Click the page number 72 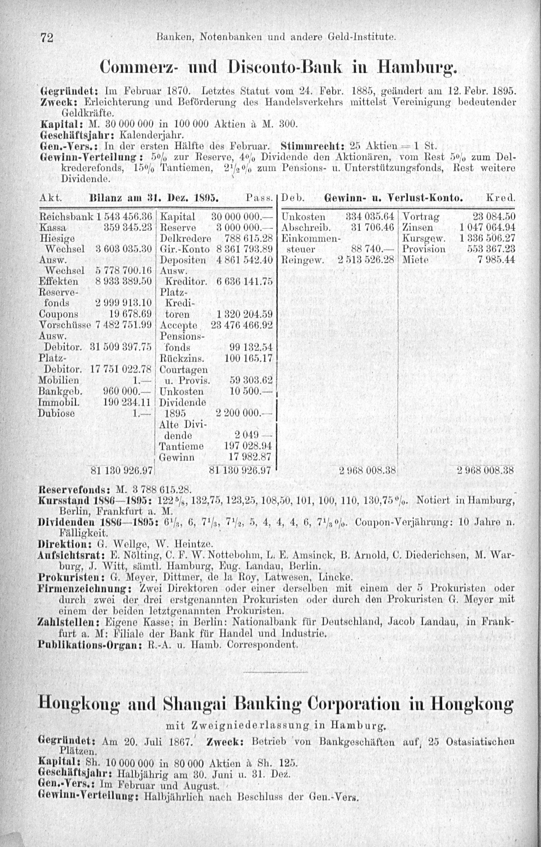[x=47, y=37]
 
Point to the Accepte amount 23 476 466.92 [x=242, y=325]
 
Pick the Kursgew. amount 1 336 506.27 [x=487, y=238]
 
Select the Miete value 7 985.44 [x=494, y=260]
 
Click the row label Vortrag [x=421, y=216]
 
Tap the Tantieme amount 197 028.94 [x=248, y=446]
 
